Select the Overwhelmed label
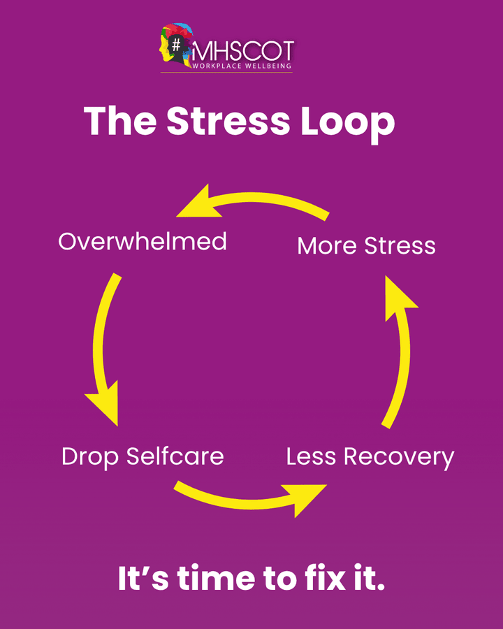[143, 242]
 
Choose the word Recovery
[398, 458]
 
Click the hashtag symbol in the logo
[177, 43]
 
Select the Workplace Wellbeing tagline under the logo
[240, 66]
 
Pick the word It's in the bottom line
[143, 579]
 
